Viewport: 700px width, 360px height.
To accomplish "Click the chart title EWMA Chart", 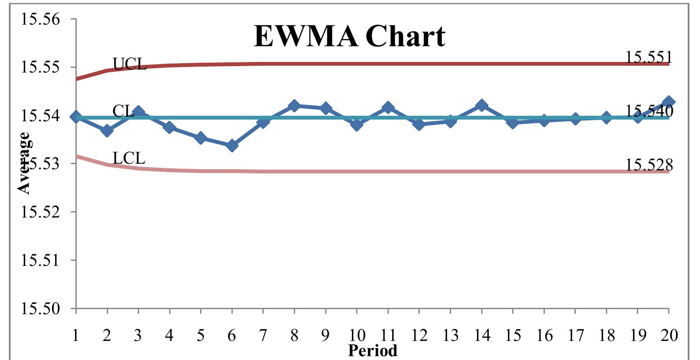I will (x=349, y=36).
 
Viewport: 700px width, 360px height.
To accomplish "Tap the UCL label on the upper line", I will (x=129, y=64).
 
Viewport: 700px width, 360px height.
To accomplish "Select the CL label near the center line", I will (x=123, y=111).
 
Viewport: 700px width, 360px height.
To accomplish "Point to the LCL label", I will (x=129, y=158).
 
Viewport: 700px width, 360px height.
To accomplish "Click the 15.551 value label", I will (x=649, y=57).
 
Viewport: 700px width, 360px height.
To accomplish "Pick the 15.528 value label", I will (x=649, y=165).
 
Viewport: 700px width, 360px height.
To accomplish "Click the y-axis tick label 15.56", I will (x=41, y=20).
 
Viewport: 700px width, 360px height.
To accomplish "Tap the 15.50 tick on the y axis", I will (x=41, y=308).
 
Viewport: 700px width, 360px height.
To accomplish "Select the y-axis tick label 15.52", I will (x=41, y=212).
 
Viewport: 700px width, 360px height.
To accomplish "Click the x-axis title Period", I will (x=373, y=351).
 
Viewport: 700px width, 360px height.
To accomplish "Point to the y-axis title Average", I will (x=24, y=163).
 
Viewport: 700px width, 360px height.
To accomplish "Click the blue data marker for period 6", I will (x=232, y=145).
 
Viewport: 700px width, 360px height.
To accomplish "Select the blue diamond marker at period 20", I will (x=669, y=102).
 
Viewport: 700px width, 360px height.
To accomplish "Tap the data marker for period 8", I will (x=294, y=106).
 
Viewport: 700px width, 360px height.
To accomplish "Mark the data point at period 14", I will (x=482, y=105).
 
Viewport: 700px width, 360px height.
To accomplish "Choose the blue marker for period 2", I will (x=107, y=130).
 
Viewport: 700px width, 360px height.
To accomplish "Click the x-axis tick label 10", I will (x=357, y=336).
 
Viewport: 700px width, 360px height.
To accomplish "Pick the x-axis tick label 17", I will (x=575, y=336).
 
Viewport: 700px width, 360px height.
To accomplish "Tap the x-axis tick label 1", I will (x=76, y=336).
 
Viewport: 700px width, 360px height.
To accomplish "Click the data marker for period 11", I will (x=388, y=108).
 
